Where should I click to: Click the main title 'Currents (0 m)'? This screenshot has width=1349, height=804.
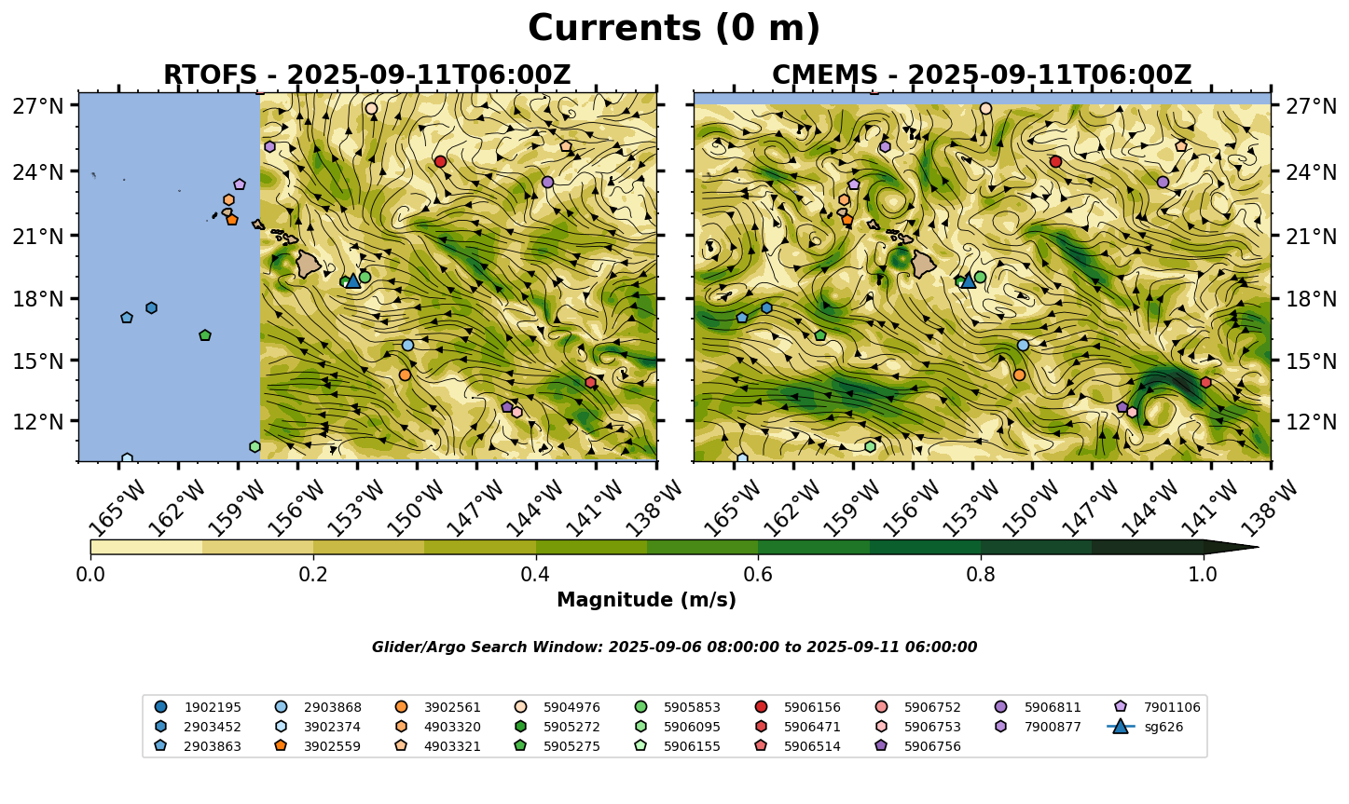(x=674, y=29)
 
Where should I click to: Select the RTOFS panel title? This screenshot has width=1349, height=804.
(x=366, y=75)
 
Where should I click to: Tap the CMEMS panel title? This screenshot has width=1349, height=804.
(x=982, y=75)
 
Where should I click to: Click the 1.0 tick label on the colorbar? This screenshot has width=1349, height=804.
(x=1203, y=574)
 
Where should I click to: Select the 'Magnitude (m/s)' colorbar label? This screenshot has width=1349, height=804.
(x=646, y=600)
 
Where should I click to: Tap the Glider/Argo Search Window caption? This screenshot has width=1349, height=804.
(x=674, y=647)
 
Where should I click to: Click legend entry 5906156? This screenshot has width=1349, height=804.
(x=812, y=707)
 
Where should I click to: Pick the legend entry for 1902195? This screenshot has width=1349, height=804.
(x=211, y=707)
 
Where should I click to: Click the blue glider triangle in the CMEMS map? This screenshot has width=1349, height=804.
(x=968, y=279)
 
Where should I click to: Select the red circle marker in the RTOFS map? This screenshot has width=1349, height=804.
(x=440, y=162)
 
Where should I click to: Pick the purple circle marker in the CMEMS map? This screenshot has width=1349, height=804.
(x=1163, y=182)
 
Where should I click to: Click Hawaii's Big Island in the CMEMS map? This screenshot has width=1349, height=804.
(x=922, y=264)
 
